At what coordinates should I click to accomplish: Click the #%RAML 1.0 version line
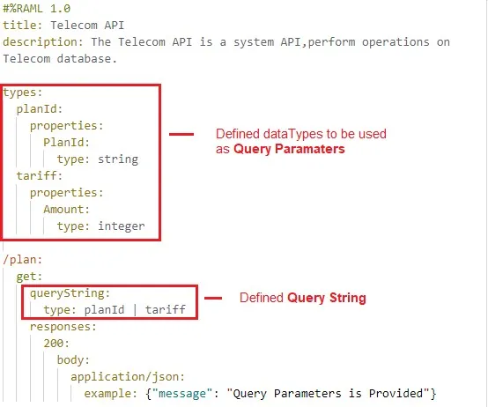(x=37, y=9)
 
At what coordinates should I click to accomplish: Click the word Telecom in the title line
(x=74, y=26)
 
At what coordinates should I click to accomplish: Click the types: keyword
(x=22, y=92)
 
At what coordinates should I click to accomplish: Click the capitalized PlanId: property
(x=66, y=143)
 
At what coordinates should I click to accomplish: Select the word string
(x=118, y=159)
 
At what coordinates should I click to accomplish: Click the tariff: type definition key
(x=40, y=176)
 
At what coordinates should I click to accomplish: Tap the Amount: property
(x=66, y=210)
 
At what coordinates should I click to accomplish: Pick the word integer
(x=122, y=226)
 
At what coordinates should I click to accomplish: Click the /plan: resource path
(x=22, y=260)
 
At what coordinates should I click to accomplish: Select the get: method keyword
(x=29, y=277)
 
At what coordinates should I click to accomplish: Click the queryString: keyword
(x=70, y=293)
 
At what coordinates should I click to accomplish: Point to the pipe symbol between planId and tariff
(x=135, y=309)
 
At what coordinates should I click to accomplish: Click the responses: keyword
(x=63, y=327)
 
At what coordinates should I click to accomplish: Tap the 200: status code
(x=56, y=344)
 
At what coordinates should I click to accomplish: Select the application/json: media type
(x=128, y=377)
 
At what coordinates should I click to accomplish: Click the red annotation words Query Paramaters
(x=289, y=149)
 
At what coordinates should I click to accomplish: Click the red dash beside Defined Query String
(x=213, y=298)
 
